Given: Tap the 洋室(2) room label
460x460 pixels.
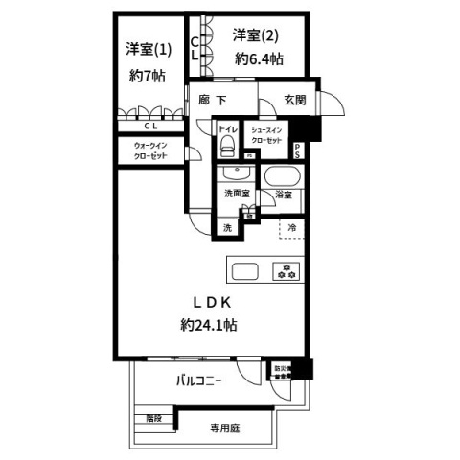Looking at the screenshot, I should click(x=255, y=36).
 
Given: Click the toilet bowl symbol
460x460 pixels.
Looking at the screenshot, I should click(x=227, y=145).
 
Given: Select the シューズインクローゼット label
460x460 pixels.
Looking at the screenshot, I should click(x=267, y=135).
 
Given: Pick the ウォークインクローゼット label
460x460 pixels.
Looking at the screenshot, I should click(x=145, y=150).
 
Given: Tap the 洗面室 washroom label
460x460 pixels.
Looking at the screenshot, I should click(x=237, y=194).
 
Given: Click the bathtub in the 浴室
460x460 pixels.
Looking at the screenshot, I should click(x=283, y=177).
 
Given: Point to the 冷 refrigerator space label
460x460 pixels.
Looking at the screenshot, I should click(x=293, y=227).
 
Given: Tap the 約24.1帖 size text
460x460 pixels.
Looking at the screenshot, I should click(x=209, y=324).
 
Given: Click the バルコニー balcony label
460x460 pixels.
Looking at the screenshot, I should click(x=199, y=380).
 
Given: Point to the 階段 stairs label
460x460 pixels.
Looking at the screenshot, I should click(x=154, y=419).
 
